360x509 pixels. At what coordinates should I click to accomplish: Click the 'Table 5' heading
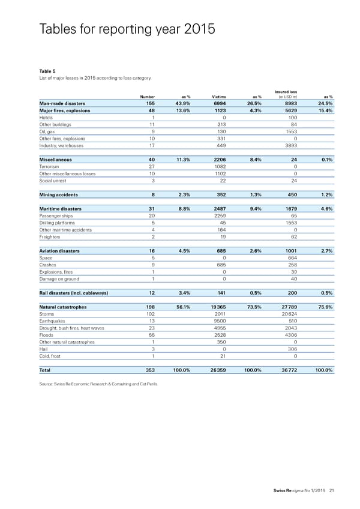[x=47, y=71]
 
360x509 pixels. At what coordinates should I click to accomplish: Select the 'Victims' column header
[x=218, y=97]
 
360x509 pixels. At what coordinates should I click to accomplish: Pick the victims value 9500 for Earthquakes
[x=218, y=321]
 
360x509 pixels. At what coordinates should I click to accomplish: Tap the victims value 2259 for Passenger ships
[x=218, y=215]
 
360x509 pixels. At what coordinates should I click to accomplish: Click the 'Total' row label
[x=46, y=370]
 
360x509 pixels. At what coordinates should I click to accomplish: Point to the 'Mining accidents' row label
[x=58, y=194]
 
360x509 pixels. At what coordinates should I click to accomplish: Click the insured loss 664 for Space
[x=290, y=258]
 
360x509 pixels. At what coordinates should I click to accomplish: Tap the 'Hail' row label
[x=43, y=349]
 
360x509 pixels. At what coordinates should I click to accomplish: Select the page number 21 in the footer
[x=331, y=493]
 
